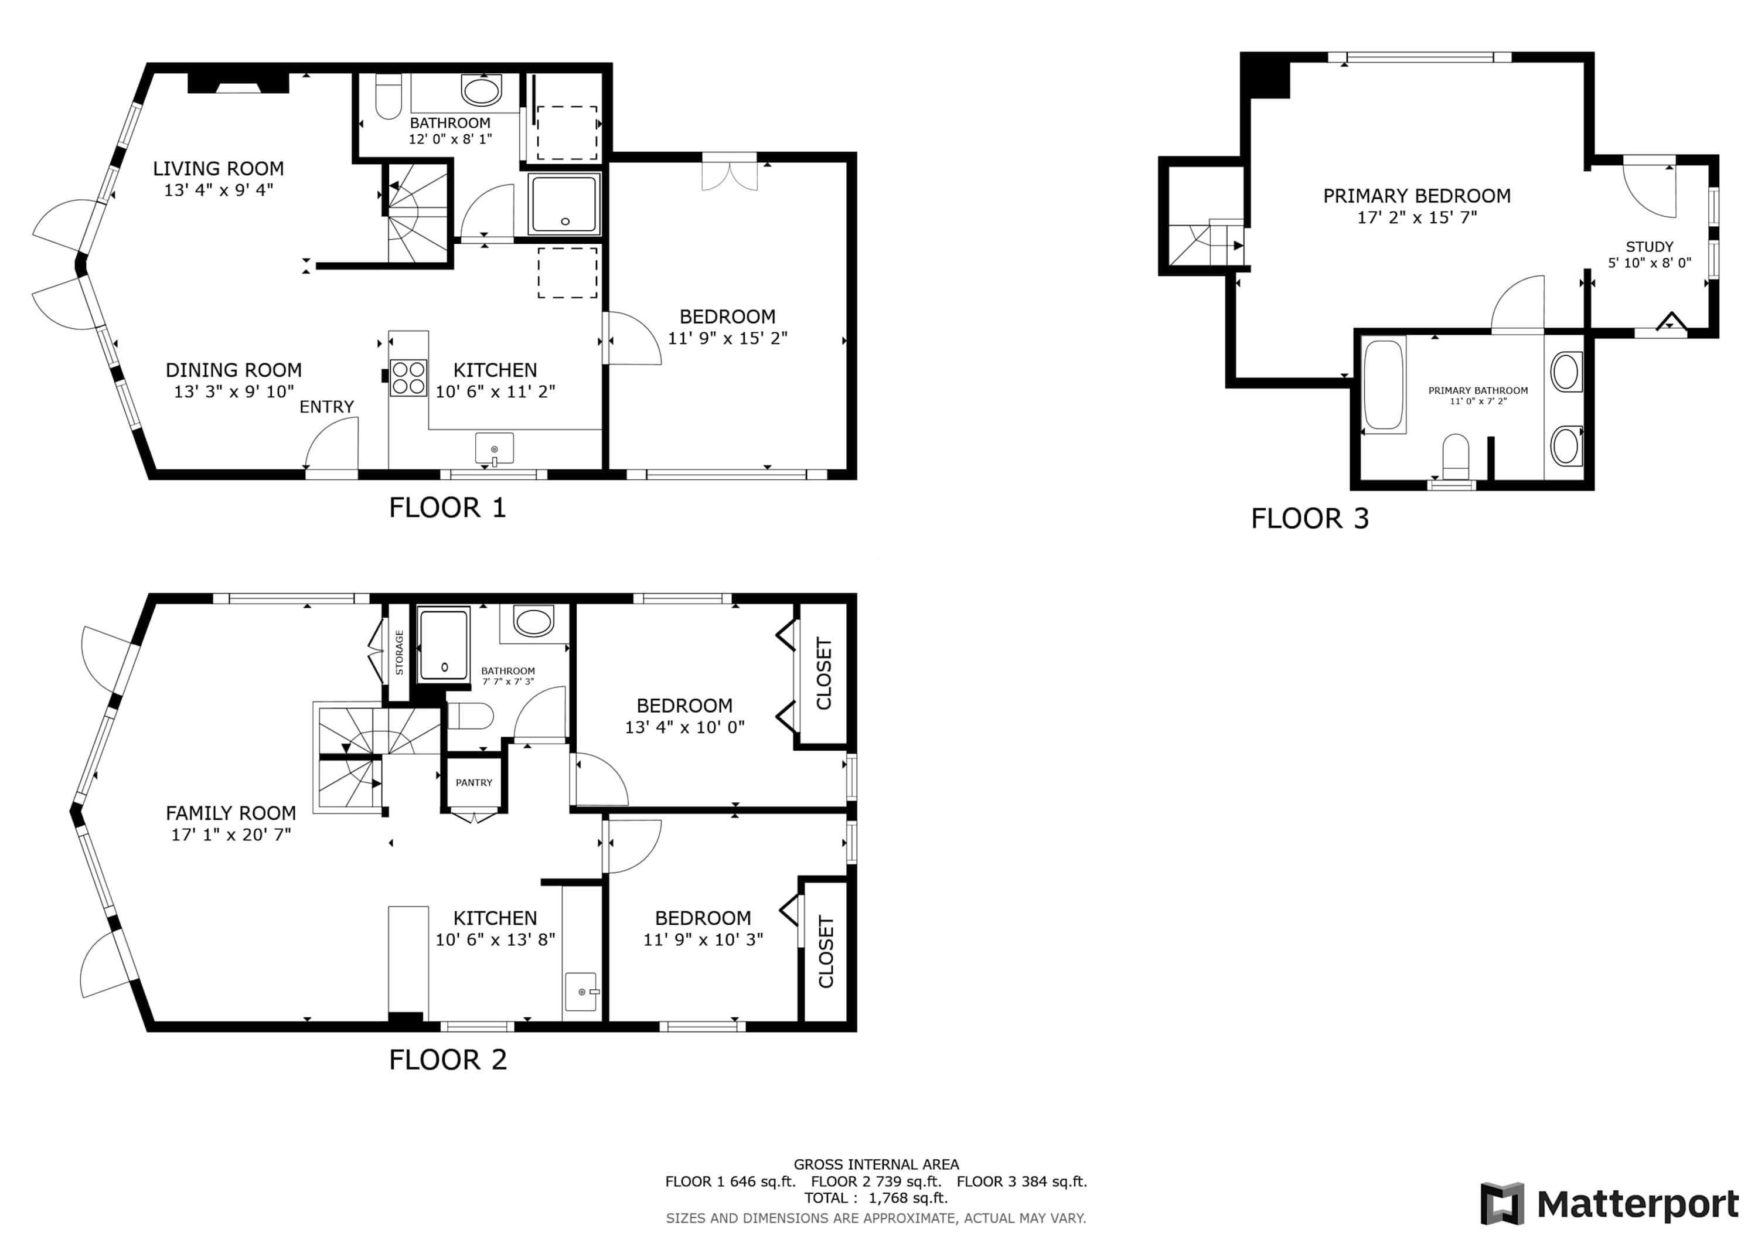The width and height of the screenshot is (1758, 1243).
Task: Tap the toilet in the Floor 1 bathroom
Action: [x=389, y=96]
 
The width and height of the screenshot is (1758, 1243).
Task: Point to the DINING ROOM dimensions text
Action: [x=234, y=391]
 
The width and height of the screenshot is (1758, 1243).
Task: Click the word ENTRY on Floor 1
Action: [x=327, y=407]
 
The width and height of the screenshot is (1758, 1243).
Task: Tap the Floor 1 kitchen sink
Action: [x=494, y=449]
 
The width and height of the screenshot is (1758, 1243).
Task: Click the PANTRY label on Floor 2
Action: [x=474, y=783]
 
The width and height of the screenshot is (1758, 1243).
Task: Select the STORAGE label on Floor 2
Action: [x=399, y=652]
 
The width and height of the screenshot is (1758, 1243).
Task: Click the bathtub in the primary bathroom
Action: [x=1384, y=385]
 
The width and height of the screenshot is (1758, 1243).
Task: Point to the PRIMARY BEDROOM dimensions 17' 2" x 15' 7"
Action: [x=1418, y=217]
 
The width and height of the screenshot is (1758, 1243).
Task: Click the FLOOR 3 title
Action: [x=1310, y=519]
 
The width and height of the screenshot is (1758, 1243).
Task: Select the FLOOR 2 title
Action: [x=448, y=1060]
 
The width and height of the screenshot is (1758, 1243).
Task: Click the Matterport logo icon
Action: [x=1503, y=1204]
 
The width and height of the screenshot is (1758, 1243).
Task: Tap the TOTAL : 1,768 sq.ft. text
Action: [x=876, y=1198]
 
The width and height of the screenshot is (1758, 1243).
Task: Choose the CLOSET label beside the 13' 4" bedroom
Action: [x=824, y=673]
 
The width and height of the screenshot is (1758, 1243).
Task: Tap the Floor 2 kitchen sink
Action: [x=582, y=992]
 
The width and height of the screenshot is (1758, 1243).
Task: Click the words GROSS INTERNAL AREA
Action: [x=876, y=1165]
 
